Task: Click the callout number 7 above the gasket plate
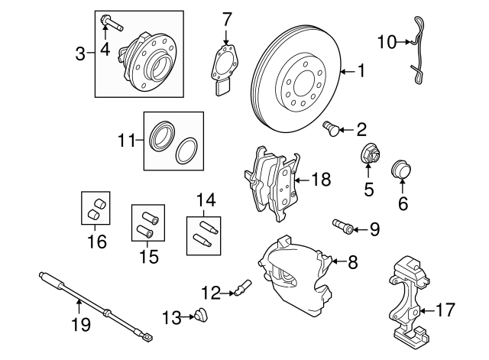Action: [x=226, y=18]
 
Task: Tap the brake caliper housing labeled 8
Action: [x=293, y=275]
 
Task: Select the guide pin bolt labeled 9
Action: [x=343, y=225]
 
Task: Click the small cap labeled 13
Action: [x=202, y=313]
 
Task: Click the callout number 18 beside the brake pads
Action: [x=322, y=180]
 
